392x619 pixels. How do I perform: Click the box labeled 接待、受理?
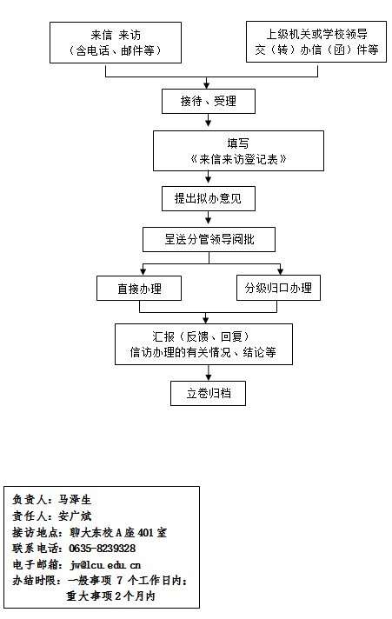coord(209,101)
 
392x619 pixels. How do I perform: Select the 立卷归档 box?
coord(208,393)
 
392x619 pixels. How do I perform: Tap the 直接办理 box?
coord(139,289)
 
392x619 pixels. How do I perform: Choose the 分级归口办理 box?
coord(278,288)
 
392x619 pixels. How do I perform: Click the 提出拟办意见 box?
coord(209,198)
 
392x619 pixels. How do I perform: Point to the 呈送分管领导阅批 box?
coord(209,239)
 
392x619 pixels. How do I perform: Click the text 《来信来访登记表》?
coord(238,159)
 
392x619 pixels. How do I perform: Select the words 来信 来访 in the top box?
coord(116,35)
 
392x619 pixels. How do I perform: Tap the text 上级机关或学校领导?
coord(316,35)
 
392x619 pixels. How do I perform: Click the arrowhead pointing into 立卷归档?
coord(209,377)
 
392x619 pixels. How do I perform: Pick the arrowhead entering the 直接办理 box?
coord(143,272)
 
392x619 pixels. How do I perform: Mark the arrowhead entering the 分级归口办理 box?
coord(280,271)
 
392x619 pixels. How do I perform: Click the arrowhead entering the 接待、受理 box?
coord(207,85)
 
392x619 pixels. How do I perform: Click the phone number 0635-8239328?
coord(103,549)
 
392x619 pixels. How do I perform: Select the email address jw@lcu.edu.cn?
coord(105,565)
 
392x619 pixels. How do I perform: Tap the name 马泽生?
coord(75,500)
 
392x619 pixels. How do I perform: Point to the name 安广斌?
coord(75,516)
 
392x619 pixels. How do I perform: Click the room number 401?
coord(145,533)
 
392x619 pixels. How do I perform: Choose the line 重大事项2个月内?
coord(110,596)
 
